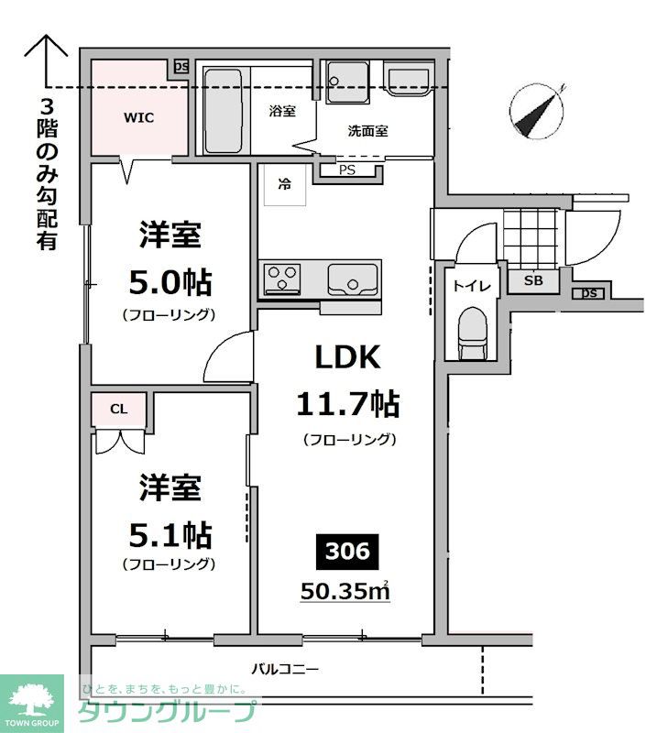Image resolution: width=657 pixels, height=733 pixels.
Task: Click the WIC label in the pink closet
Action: click(138, 117)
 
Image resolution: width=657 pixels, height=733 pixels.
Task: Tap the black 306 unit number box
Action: click(347, 552)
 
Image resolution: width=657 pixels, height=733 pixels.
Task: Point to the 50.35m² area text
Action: click(345, 591)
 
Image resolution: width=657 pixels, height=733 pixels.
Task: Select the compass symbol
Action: click(538, 112)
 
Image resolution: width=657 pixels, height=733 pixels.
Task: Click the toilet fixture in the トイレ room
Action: click(472, 333)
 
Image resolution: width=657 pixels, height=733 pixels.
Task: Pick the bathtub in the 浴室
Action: click(223, 111)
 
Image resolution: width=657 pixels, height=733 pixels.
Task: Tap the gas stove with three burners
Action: click(282, 279)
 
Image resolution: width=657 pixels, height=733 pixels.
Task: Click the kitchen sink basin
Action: click(353, 279)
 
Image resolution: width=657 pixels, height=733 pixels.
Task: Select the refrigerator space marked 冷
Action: click(285, 185)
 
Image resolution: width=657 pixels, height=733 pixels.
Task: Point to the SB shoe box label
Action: click(533, 280)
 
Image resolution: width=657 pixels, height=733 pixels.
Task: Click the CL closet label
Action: click(119, 409)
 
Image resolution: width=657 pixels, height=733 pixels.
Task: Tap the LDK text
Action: click(347, 357)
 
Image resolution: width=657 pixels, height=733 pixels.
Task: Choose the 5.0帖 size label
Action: click(170, 282)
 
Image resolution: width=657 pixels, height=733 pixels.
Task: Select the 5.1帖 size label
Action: click(170, 535)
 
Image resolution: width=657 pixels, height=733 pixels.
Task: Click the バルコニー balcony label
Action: click(285, 669)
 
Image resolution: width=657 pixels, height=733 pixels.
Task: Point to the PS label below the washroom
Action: click(347, 170)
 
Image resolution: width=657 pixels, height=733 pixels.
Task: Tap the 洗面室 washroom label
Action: click(368, 131)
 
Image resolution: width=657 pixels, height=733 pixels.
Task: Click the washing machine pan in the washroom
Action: click(347, 82)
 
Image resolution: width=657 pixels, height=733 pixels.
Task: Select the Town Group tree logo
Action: click(32, 700)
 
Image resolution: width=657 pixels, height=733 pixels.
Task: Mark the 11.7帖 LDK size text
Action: click(348, 404)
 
